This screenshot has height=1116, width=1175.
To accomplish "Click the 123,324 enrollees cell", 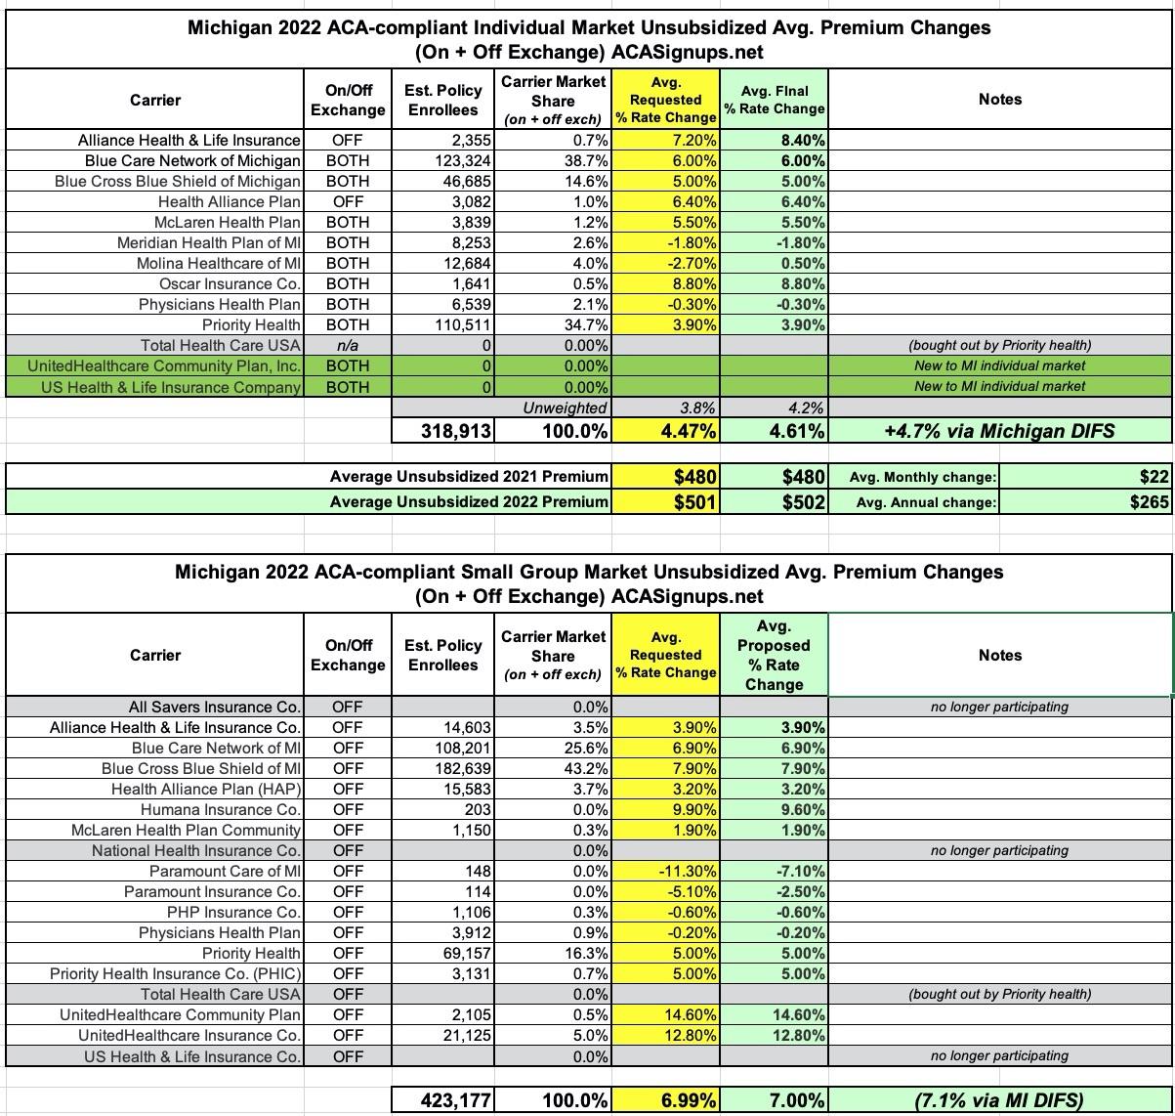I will [462, 161].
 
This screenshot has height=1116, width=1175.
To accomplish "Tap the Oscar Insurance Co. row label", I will [230, 284].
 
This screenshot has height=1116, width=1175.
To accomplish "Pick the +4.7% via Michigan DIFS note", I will [999, 430].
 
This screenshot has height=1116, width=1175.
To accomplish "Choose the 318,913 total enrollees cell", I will [456, 430].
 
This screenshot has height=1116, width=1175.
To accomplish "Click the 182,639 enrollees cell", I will [462, 768].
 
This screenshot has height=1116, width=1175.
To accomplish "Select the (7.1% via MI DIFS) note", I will [999, 1100].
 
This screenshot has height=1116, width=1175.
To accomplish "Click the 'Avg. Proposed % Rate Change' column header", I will [774, 655].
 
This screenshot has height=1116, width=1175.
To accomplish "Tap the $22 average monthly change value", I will [1153, 477].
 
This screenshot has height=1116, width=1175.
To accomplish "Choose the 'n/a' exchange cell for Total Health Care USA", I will [347, 346].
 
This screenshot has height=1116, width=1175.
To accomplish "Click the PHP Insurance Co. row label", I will [236, 912].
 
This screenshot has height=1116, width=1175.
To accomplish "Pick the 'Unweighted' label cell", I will [565, 408].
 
